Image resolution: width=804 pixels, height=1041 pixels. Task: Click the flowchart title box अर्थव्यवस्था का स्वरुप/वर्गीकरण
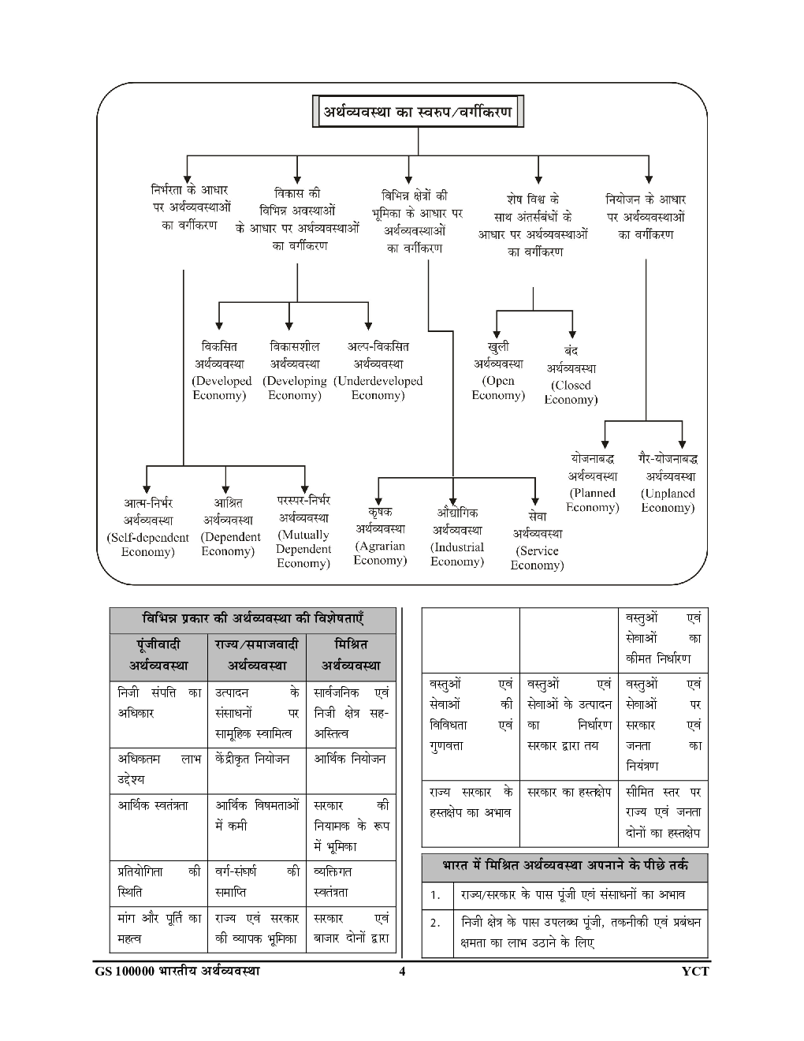tap(418, 113)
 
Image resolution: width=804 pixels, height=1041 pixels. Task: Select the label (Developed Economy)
tap(221, 388)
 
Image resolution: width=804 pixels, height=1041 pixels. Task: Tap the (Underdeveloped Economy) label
tap(378, 388)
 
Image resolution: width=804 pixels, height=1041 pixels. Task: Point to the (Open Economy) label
tap(498, 388)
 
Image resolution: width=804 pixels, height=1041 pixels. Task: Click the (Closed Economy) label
tap(571, 393)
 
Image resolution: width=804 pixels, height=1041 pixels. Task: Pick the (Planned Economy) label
tap(593, 500)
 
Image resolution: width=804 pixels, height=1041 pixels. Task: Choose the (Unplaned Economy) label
tap(668, 500)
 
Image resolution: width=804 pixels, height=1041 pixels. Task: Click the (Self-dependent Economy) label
tap(147, 545)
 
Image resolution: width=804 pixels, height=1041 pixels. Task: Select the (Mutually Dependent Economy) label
tap(303, 548)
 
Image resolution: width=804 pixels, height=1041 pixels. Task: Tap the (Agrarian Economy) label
tap(380, 553)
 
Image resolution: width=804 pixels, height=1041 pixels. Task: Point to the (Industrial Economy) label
tap(457, 554)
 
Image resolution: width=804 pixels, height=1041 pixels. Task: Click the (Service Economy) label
tap(537, 558)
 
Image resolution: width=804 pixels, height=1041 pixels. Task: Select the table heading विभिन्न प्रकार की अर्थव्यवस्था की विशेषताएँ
tap(252, 618)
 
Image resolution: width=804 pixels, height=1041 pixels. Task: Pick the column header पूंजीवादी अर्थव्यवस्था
tap(158, 655)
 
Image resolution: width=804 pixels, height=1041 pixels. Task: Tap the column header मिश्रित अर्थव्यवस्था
tap(351, 655)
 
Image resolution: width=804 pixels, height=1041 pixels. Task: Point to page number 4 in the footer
tap(401, 972)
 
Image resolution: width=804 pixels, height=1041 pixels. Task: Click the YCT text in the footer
tap(695, 972)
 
